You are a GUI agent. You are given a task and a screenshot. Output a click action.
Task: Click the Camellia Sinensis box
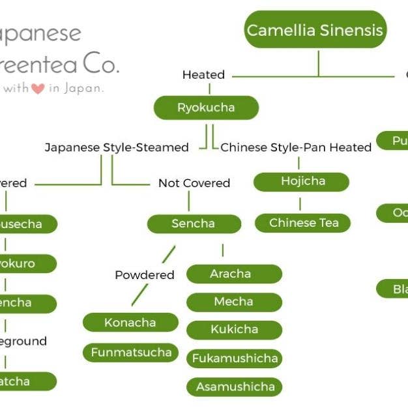click(x=315, y=29)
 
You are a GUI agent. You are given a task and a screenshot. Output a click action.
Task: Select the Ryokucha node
click(x=206, y=108)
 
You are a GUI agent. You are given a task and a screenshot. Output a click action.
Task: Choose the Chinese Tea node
click(x=304, y=223)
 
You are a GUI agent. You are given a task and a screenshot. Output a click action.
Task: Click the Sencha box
click(x=193, y=224)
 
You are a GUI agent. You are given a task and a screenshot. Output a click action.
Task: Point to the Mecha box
click(x=233, y=302)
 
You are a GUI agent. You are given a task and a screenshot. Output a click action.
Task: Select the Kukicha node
click(x=233, y=329)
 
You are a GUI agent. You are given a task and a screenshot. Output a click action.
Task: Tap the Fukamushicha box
click(x=234, y=358)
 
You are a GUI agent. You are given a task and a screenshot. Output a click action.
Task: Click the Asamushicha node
click(x=234, y=386)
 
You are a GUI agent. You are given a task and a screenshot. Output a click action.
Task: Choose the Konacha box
click(x=130, y=322)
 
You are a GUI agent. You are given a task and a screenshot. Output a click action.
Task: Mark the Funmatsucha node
click(x=130, y=353)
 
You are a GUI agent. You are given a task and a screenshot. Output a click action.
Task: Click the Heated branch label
click(x=203, y=75)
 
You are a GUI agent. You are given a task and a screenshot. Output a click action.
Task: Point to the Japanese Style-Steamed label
click(x=117, y=147)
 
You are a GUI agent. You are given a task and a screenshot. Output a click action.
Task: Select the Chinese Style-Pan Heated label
click(x=296, y=147)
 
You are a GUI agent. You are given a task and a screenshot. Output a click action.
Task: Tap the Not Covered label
click(x=194, y=183)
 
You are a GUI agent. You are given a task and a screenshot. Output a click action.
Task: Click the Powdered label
click(x=145, y=275)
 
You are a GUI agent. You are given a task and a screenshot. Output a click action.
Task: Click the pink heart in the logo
click(x=38, y=89)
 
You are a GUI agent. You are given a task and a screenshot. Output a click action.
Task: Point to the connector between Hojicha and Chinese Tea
click(x=300, y=203)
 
